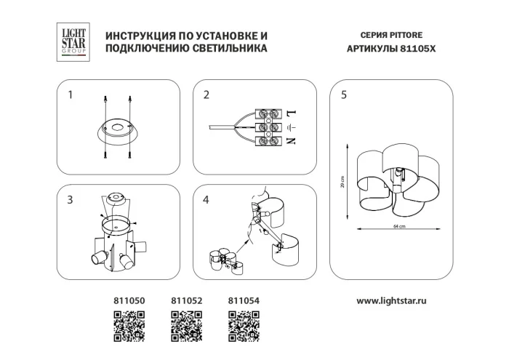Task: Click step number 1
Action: click(x=70, y=95)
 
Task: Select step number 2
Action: click(x=207, y=95)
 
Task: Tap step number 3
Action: click(x=70, y=199)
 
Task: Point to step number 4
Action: click(x=207, y=199)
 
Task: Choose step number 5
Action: click(x=343, y=95)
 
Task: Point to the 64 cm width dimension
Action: click(x=398, y=227)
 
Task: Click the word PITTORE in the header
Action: click(x=410, y=35)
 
